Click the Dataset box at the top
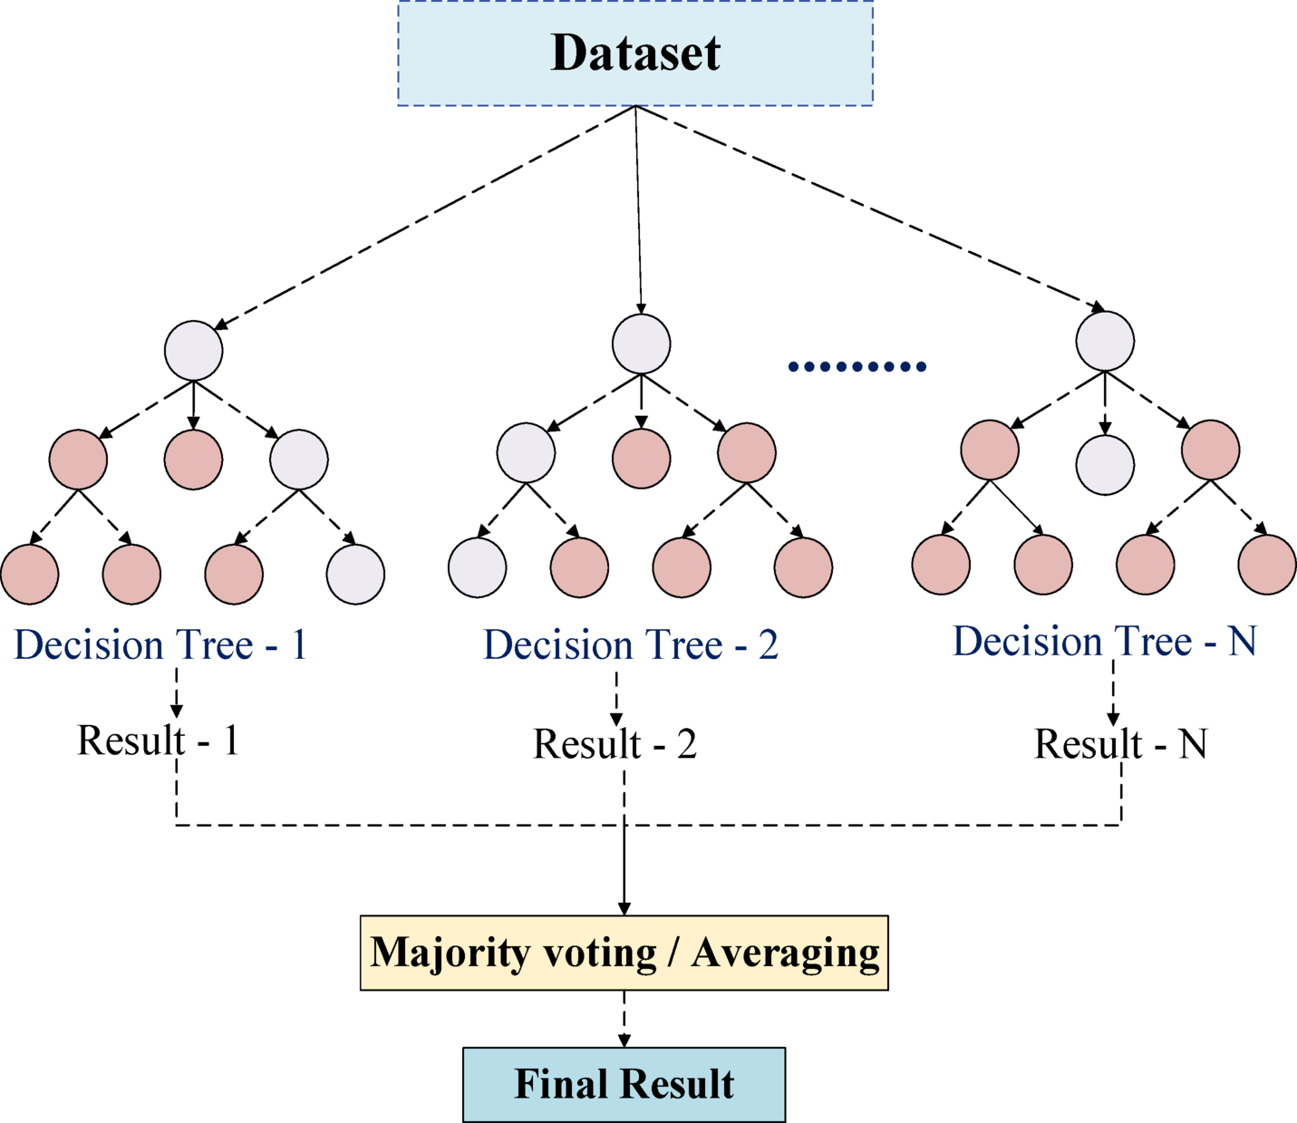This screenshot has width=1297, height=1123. (x=634, y=53)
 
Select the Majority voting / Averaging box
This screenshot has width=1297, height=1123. (x=624, y=953)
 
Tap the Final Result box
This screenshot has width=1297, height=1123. (x=624, y=1084)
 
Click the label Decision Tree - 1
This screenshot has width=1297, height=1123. (x=160, y=645)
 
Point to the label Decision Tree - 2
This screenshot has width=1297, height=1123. (x=631, y=645)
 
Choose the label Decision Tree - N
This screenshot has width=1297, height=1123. (x=1104, y=642)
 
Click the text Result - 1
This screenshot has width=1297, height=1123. (x=159, y=741)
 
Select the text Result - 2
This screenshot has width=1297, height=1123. (x=615, y=744)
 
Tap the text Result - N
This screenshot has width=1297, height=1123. (x=1120, y=744)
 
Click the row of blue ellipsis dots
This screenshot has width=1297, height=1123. (x=857, y=366)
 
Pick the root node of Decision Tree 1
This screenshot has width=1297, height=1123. (x=194, y=351)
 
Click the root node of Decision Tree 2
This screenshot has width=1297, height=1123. (x=642, y=344)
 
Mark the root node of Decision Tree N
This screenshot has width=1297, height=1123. (x=1105, y=341)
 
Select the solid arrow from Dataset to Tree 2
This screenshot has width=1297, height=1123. (x=638, y=208)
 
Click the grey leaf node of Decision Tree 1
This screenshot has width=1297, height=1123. (x=355, y=574)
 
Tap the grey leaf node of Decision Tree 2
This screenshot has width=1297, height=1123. (x=478, y=568)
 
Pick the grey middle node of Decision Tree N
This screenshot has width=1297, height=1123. (x=1105, y=465)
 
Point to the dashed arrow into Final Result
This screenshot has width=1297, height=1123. (x=624, y=1019)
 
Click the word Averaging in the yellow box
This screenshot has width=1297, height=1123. (x=785, y=953)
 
